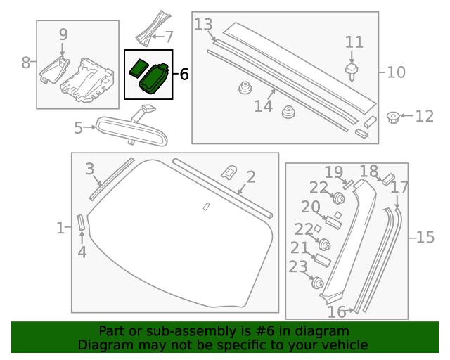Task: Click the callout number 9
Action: tap(63, 34)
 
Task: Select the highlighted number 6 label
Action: tap(184, 74)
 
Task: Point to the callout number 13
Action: tap(203, 25)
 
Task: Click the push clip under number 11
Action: tap(352, 70)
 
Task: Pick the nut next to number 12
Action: tap(394, 116)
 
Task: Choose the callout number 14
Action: tap(263, 106)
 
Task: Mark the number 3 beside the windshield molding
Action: tap(90, 169)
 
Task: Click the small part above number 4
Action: tap(81, 222)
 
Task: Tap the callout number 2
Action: tap(250, 177)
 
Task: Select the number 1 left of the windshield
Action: tap(60, 228)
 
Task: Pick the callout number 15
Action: tap(425, 238)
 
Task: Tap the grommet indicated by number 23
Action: tap(316, 283)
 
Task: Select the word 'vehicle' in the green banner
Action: tap(342, 345)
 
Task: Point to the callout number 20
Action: tap(311, 207)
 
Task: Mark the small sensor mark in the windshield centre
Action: tap(206, 206)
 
